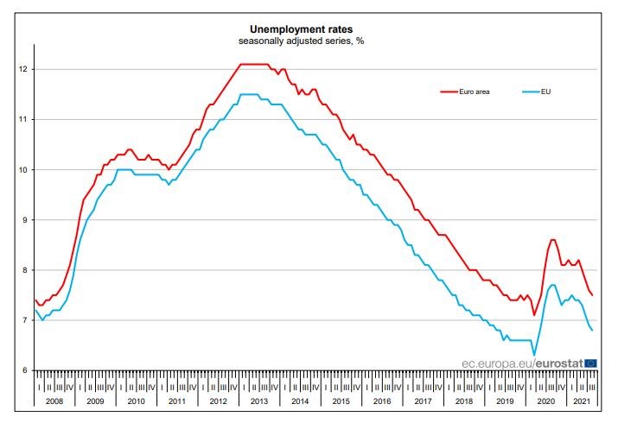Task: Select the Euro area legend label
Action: point(474,91)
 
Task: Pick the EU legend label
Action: point(546,91)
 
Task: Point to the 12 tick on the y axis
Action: point(22,69)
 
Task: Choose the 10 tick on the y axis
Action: point(22,170)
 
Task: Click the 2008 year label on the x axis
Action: point(54,401)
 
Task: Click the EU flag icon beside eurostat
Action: point(590,363)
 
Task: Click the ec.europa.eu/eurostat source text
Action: point(523,363)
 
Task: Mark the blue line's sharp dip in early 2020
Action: point(534,354)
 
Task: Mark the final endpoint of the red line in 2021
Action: point(592,295)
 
